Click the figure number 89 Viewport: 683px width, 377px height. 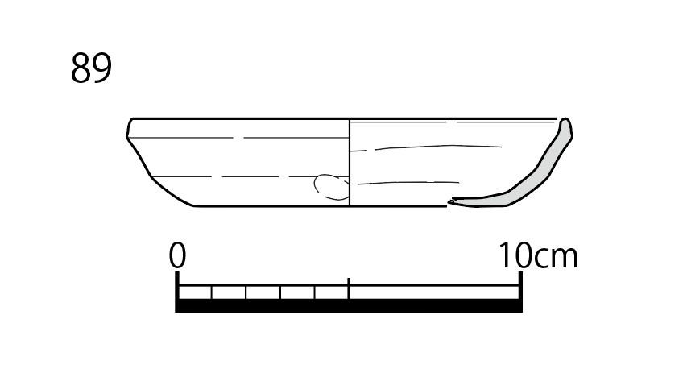tap(91, 68)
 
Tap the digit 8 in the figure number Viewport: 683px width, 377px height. tap(81, 68)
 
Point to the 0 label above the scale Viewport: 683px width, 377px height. tap(177, 255)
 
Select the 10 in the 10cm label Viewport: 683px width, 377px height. tap(515, 255)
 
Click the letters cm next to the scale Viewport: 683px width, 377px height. tap(556, 258)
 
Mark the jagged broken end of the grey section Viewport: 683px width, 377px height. tap(451, 201)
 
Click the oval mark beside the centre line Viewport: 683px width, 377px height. tap(331, 188)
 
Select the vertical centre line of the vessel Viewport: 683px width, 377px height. tap(350, 162)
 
